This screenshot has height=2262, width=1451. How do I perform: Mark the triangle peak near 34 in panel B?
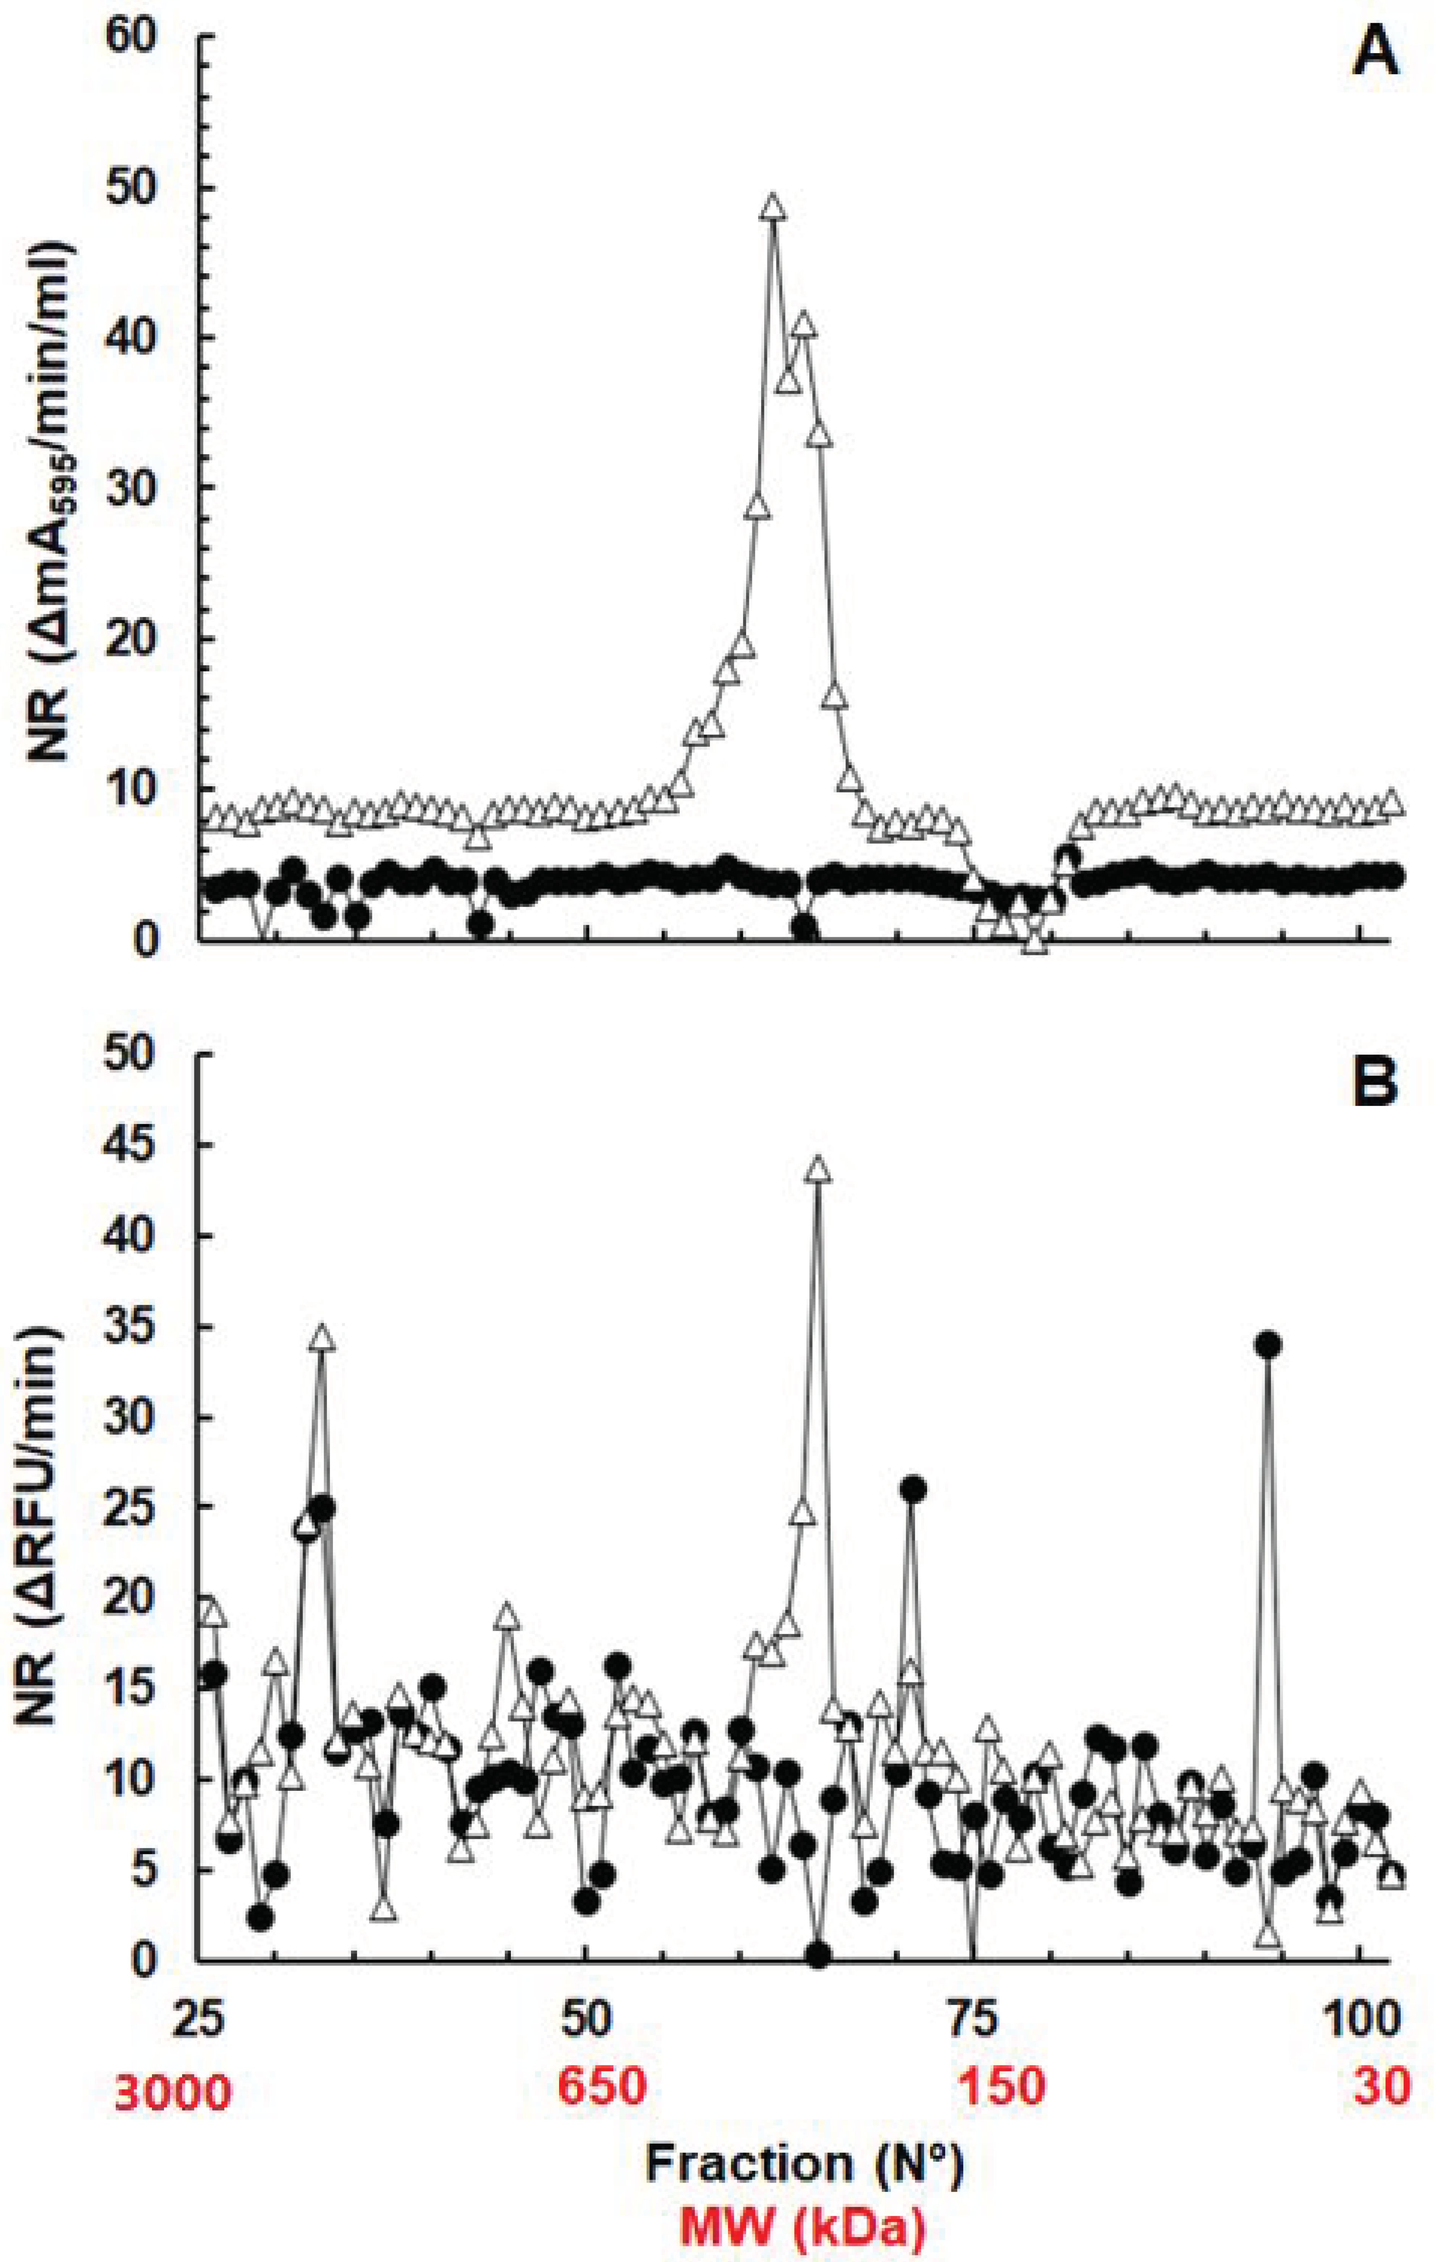click(323, 1340)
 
